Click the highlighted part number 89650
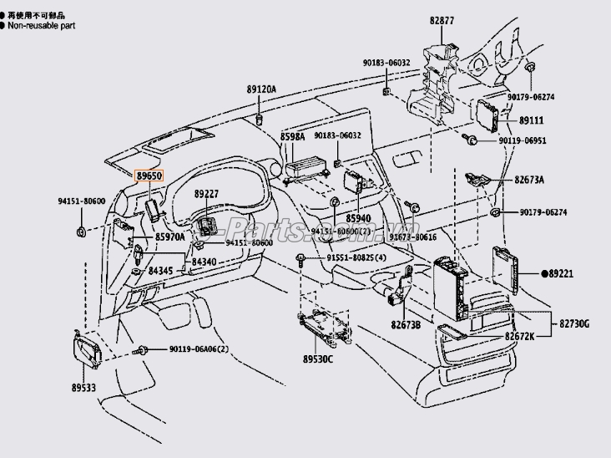[x=151, y=176]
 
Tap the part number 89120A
[x=260, y=89]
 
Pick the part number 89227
[x=206, y=194]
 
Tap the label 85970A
[x=169, y=237]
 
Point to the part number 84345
[x=161, y=271]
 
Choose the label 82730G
[x=574, y=323]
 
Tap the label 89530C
[x=317, y=359]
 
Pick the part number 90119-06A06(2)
[x=199, y=349]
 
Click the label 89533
[x=84, y=388]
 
